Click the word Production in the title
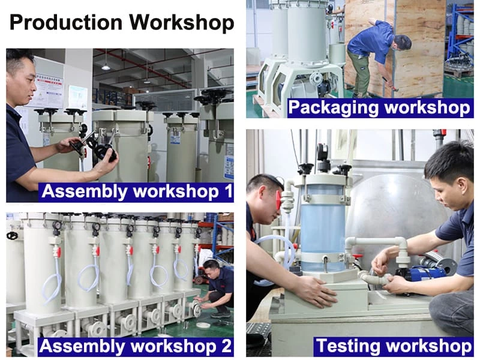click(66, 22)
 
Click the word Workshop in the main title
click(182, 23)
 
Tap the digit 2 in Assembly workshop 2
click(227, 346)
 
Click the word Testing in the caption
click(348, 346)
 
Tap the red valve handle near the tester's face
click(278, 200)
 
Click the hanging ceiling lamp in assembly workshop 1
click(106, 67)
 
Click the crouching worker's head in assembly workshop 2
click(212, 268)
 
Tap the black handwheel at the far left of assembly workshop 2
click(11, 235)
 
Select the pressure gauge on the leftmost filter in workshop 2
click(56, 226)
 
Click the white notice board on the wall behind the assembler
click(49, 89)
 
